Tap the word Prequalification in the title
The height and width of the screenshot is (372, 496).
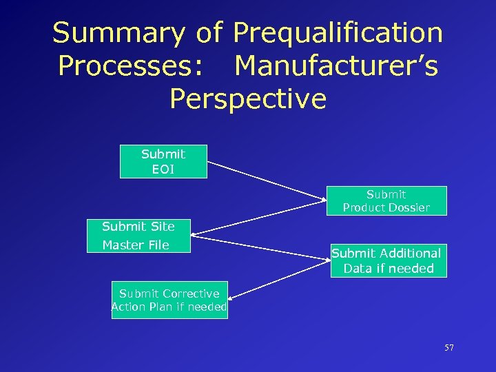coord(338,33)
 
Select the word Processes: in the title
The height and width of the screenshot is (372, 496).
coord(130,66)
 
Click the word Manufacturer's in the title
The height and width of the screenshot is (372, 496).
coord(336,66)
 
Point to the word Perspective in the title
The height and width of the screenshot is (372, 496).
coord(248,99)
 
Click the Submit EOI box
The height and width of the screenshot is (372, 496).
coord(163,162)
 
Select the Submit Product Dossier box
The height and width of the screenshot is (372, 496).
coord(386,200)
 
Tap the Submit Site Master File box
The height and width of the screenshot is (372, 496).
coord(138,236)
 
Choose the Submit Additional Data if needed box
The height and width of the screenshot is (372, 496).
coord(388,260)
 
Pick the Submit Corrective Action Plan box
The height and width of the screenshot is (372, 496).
coord(169,300)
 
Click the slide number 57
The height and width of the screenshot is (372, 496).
coord(449,348)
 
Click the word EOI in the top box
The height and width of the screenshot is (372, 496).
coord(163,169)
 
